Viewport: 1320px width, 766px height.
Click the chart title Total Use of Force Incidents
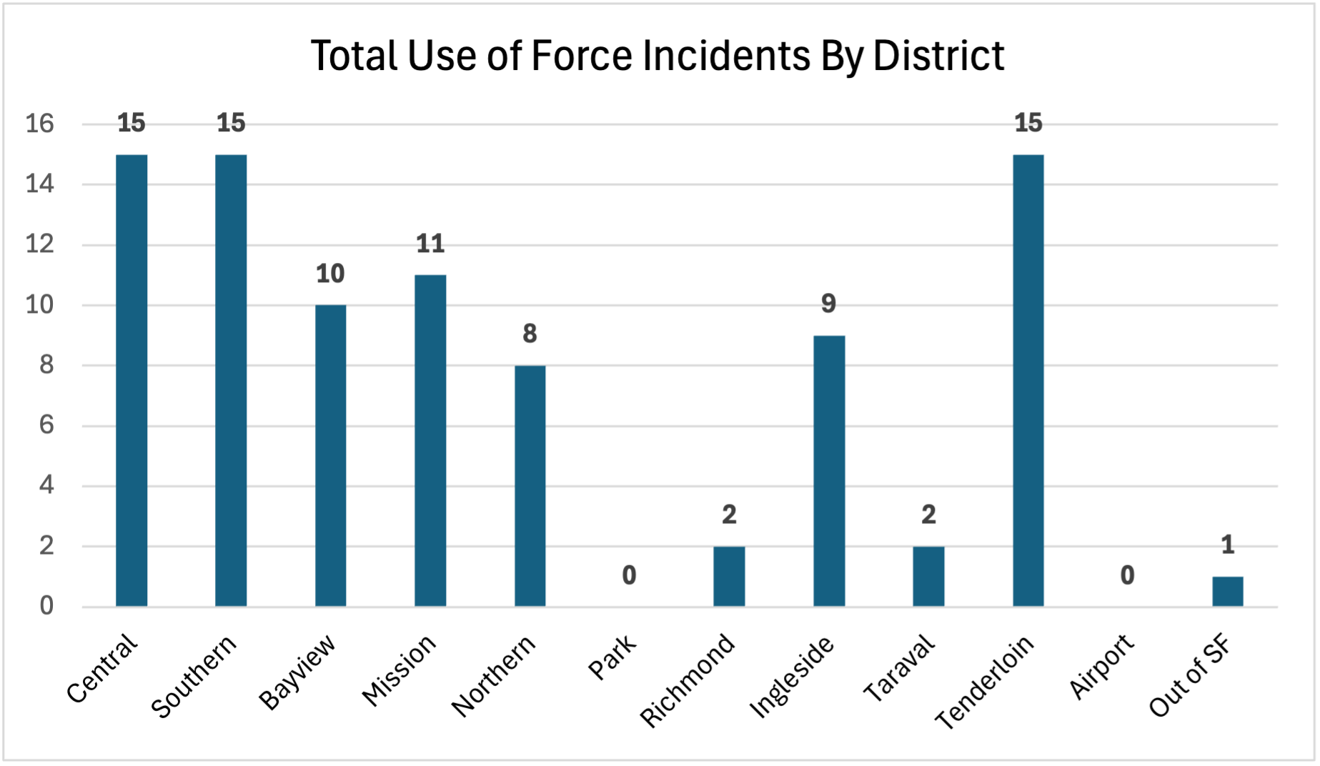tap(657, 56)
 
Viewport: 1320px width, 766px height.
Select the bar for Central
tap(131, 380)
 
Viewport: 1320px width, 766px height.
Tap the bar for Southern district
tap(231, 380)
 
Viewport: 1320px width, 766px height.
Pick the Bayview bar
tap(331, 456)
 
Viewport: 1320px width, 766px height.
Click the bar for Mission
tap(430, 441)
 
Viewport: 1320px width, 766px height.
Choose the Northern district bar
tap(530, 486)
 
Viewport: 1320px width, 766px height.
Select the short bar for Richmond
tap(729, 577)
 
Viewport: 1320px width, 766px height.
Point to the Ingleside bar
tap(829, 471)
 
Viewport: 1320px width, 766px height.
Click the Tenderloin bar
tap(1028, 380)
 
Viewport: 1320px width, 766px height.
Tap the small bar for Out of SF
tap(1227, 592)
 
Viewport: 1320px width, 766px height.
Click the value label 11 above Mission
tap(430, 244)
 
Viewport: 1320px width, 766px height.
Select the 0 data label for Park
tap(629, 575)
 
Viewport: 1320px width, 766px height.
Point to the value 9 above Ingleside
tap(828, 304)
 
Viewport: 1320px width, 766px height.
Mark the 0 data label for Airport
tap(1127, 575)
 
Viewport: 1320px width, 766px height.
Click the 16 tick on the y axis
tap(40, 124)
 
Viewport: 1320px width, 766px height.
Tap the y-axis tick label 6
tap(46, 426)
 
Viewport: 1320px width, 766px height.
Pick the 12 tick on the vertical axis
tap(40, 245)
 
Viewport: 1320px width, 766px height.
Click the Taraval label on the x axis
tap(899, 668)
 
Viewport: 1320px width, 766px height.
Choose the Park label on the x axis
tap(612, 657)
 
